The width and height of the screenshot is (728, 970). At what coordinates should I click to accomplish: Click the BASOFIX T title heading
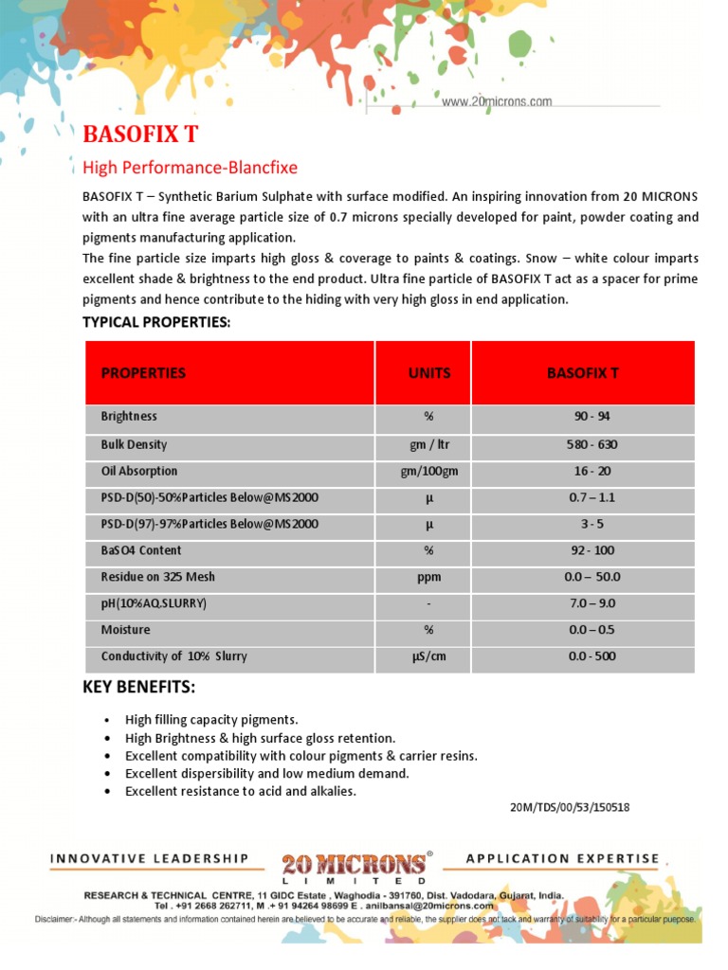pyautogui.click(x=140, y=135)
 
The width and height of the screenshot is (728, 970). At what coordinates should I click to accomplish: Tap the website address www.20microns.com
pyautogui.click(x=497, y=101)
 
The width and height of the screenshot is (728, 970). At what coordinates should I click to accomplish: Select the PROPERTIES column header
pyautogui.click(x=143, y=372)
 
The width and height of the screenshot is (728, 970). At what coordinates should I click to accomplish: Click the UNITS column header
pyautogui.click(x=429, y=372)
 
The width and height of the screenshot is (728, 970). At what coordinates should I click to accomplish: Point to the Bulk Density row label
pyautogui.click(x=134, y=444)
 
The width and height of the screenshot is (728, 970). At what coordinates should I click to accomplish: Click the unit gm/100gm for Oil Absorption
pyautogui.click(x=428, y=471)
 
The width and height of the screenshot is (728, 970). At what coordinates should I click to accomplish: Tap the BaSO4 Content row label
pyautogui.click(x=140, y=550)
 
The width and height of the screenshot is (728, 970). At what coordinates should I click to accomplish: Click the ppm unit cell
pyautogui.click(x=428, y=577)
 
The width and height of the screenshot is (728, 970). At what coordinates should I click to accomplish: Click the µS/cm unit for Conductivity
pyautogui.click(x=428, y=656)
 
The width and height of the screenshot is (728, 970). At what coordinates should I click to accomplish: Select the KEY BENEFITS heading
pyautogui.click(x=138, y=687)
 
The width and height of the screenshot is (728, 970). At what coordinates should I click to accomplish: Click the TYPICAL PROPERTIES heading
pyautogui.click(x=156, y=322)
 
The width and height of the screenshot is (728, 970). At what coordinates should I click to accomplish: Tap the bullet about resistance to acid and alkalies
pyautogui.click(x=241, y=791)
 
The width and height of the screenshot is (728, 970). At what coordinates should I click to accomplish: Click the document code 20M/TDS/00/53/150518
pyautogui.click(x=570, y=808)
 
